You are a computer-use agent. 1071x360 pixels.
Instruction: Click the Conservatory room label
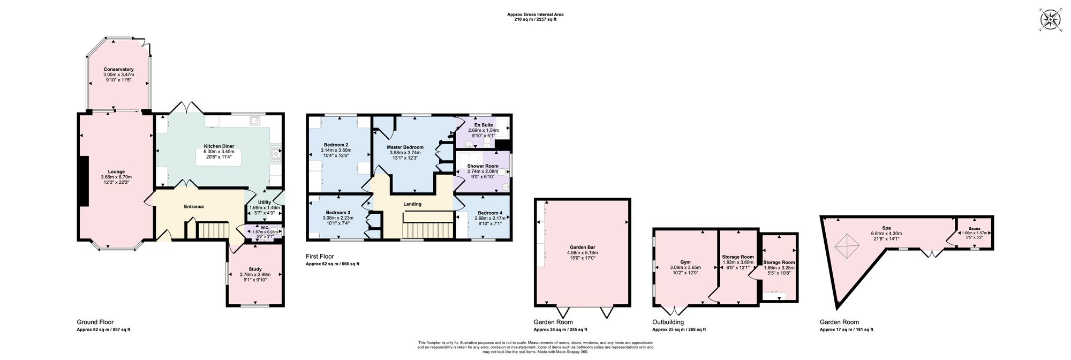(x=118, y=69)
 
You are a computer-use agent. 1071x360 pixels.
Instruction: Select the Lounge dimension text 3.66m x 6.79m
(x=116, y=177)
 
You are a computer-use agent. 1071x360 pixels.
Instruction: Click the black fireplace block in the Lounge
(x=84, y=181)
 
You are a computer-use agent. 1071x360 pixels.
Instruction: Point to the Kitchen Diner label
(x=218, y=146)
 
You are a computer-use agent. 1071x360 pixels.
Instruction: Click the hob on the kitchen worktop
(x=276, y=154)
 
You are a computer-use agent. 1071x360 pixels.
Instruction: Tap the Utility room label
(x=265, y=202)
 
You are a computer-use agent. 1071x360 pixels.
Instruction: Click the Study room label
(x=255, y=269)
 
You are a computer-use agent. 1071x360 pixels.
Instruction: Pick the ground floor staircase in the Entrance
(x=213, y=231)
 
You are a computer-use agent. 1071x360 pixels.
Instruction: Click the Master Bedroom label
(x=406, y=147)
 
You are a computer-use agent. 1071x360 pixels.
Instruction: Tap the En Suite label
(x=484, y=125)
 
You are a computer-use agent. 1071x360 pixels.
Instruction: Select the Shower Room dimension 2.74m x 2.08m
(x=482, y=171)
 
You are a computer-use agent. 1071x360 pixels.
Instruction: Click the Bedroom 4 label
(x=489, y=213)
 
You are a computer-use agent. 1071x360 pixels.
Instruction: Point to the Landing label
(x=412, y=204)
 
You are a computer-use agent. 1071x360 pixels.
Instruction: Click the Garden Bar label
(x=582, y=247)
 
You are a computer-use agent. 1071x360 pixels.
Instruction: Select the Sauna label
(x=974, y=228)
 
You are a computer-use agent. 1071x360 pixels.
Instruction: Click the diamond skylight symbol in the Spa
(x=847, y=246)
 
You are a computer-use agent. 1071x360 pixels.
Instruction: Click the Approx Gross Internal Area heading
(x=535, y=14)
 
